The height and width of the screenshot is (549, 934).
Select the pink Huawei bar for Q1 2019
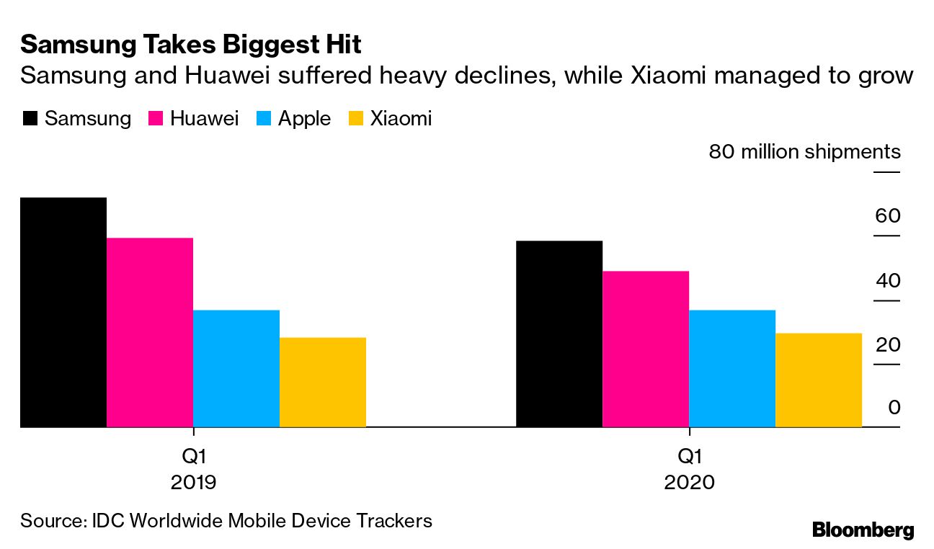(150, 332)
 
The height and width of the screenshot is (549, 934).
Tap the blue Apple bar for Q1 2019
(236, 368)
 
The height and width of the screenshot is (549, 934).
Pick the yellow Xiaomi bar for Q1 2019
(323, 382)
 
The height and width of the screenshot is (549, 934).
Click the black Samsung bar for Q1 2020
(559, 334)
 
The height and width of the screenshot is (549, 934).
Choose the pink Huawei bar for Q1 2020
(646, 349)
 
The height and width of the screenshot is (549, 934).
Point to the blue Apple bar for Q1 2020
(732, 368)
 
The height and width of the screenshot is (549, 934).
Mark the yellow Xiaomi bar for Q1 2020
(819, 380)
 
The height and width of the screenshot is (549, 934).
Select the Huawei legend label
(204, 119)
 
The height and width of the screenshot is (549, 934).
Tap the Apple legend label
(304, 119)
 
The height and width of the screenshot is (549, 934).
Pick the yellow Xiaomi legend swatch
(356, 119)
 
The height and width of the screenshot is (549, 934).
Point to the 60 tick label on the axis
(888, 216)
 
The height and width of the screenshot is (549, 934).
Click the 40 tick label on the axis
(888, 280)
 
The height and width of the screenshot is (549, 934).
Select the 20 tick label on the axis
(888, 344)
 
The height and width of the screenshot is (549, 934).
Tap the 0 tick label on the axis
(894, 408)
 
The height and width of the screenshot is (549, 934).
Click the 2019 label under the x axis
(193, 481)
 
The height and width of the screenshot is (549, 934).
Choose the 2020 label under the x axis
(690, 481)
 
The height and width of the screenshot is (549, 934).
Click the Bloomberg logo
(863, 530)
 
